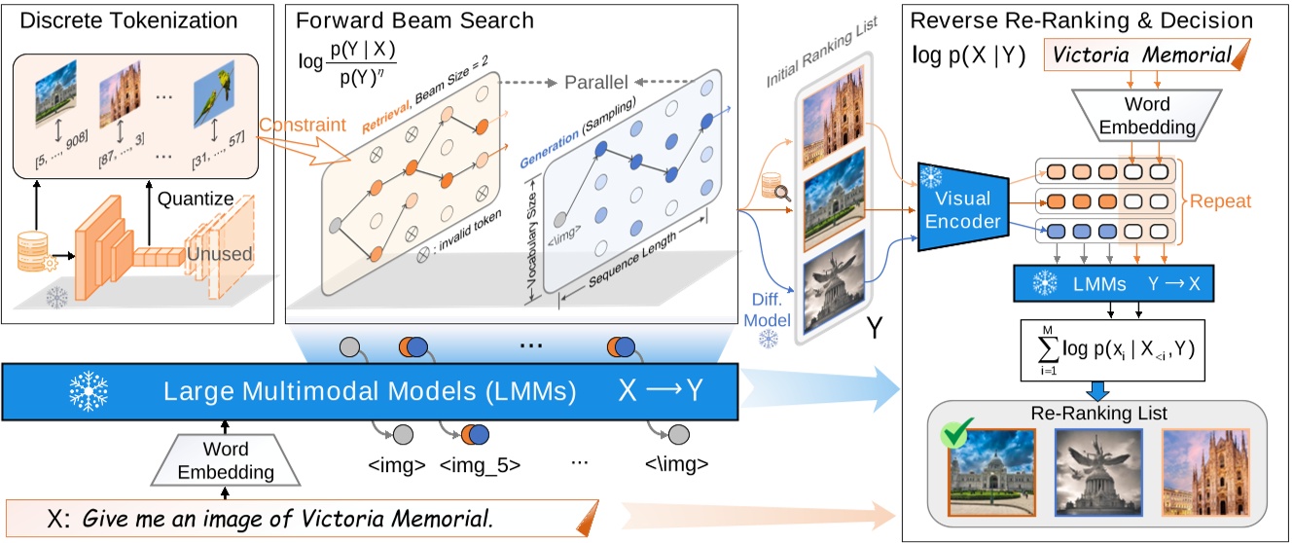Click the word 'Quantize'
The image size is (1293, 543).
point(198,199)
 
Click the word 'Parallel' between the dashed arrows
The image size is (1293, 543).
point(593,82)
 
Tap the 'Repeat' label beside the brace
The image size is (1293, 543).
point(1223,202)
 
